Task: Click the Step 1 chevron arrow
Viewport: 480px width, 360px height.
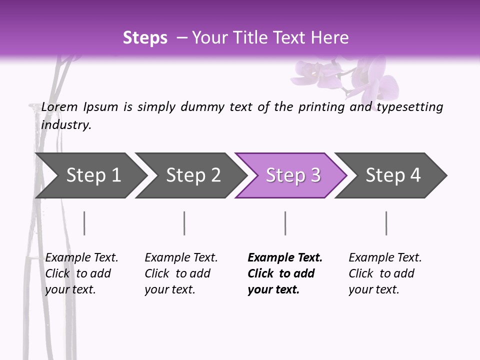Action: (90, 175)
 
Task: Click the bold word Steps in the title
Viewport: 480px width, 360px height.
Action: (145, 38)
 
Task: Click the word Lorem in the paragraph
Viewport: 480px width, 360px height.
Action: (59, 107)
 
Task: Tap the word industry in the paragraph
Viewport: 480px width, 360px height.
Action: (65, 124)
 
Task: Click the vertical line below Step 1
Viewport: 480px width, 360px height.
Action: (84, 223)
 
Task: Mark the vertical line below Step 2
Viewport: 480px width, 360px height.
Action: (184, 223)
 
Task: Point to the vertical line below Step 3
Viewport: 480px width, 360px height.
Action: (285, 223)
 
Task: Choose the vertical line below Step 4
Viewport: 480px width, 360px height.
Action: (386, 223)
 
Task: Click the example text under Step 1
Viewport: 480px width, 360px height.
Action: (81, 273)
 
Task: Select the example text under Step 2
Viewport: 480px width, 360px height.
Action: (180, 273)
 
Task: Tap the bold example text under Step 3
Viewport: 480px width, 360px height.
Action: (284, 273)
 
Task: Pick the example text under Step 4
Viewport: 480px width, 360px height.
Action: (384, 273)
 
